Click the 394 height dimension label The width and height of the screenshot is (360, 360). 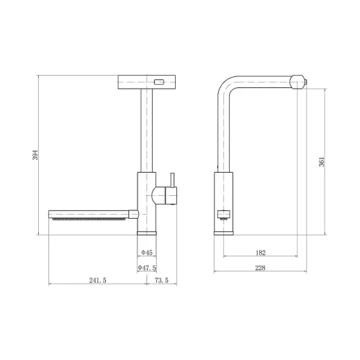35,155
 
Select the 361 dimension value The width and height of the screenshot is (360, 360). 322,162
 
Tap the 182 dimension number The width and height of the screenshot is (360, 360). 261,253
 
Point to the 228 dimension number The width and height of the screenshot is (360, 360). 260,268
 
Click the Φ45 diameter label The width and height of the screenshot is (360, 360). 147,253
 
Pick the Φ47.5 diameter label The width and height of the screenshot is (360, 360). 147,268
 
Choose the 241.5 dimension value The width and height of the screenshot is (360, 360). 98,280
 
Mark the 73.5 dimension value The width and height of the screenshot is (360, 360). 161,280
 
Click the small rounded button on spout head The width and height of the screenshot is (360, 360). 159,82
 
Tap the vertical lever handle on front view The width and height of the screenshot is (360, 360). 173,180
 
